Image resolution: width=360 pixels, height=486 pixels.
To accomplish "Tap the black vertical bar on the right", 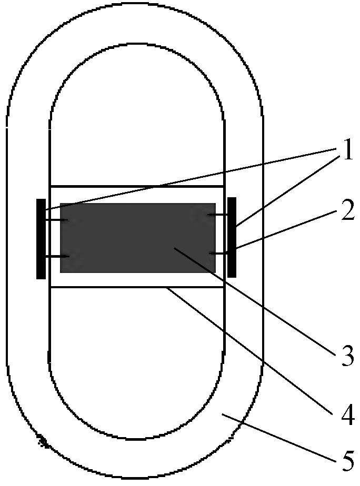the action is (x=231, y=237).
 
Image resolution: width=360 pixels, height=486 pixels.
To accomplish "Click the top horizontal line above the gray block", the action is (x=137, y=186).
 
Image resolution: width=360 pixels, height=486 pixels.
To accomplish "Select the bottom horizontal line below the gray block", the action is (x=105, y=287).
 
